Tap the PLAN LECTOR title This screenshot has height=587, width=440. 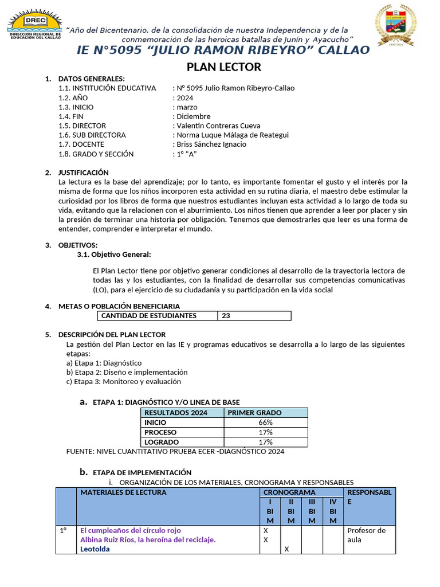click(x=224, y=67)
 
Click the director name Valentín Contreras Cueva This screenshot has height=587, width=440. click(x=218, y=126)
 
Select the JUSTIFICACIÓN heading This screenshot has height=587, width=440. click(x=83, y=173)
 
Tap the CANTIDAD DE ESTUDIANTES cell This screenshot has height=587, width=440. click(x=149, y=316)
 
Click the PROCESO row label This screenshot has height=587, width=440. click(x=160, y=432)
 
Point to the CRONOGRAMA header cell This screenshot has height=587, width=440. click(x=289, y=492)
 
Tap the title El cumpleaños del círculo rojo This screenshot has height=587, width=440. click(x=131, y=530)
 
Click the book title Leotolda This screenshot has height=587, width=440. click(x=95, y=549)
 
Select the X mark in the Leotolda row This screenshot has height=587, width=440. click(x=286, y=549)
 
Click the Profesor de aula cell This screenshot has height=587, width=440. click(x=367, y=535)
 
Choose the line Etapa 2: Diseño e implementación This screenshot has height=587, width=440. click(x=127, y=372)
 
